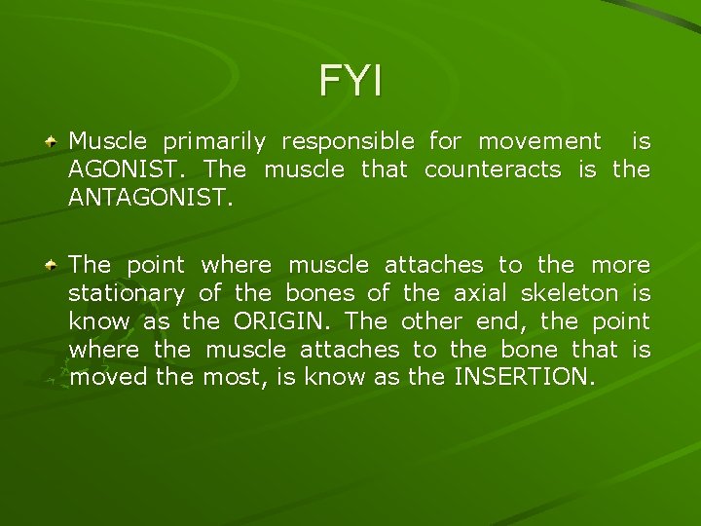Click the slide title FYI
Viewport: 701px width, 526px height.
click(x=350, y=81)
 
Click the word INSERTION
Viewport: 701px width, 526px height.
click(x=521, y=377)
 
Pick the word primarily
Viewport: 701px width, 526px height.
click(x=214, y=142)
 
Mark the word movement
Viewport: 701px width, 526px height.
click(x=539, y=142)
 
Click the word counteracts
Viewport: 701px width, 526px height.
click(x=493, y=169)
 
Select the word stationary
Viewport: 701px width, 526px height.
click(x=127, y=293)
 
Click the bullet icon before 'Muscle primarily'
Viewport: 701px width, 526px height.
click(x=55, y=142)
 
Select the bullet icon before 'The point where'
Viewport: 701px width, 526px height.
click(x=55, y=265)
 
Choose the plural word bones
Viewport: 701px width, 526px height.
click(x=317, y=292)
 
